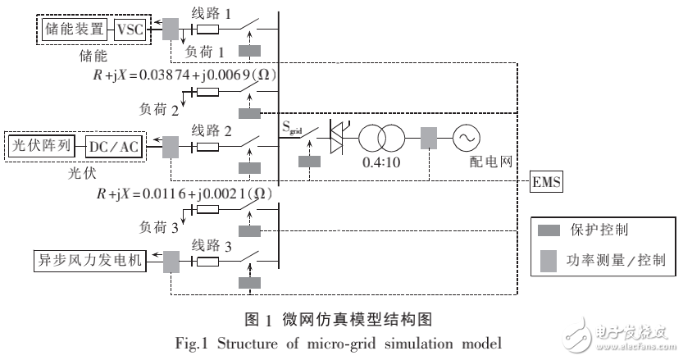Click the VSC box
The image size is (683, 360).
click(130, 30)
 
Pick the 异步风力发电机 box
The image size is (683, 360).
click(89, 261)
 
